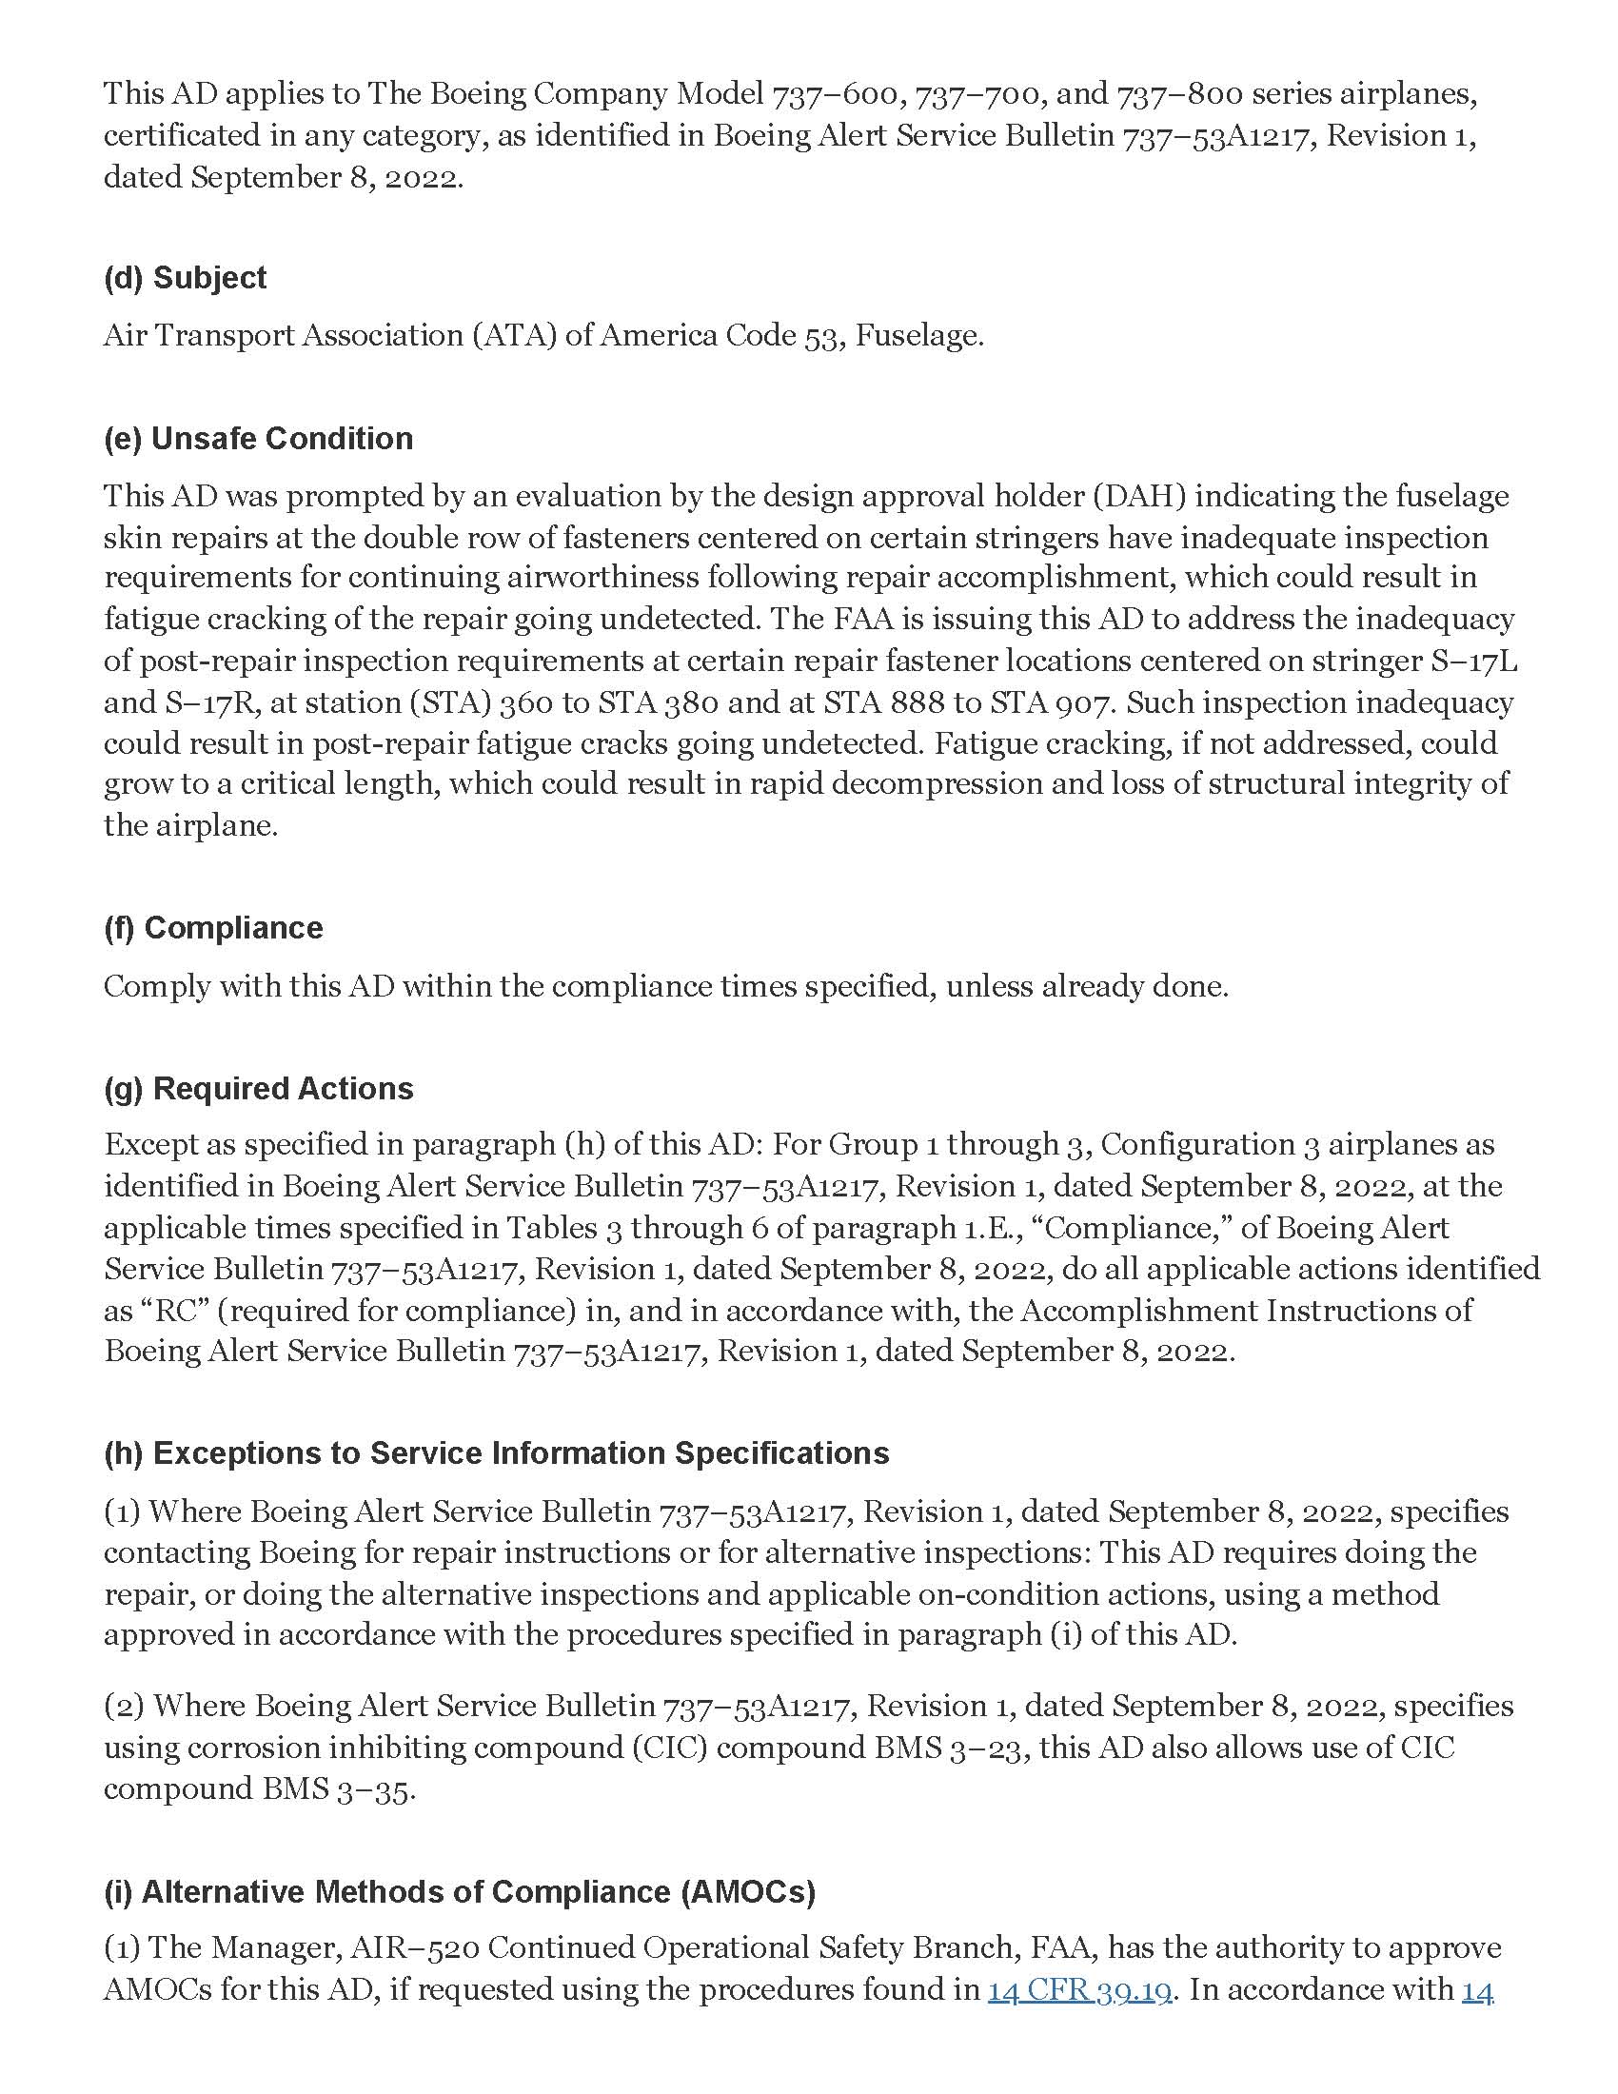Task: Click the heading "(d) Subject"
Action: [185, 278]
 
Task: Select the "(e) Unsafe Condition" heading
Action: [258, 438]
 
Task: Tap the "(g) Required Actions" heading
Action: [258, 1088]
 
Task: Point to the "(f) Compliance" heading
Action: [213, 927]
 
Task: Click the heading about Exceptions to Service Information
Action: [496, 1452]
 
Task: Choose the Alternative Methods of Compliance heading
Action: [459, 1891]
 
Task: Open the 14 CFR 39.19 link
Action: [1080, 1989]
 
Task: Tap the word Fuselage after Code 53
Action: [918, 336]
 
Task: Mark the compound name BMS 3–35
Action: [336, 1789]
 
